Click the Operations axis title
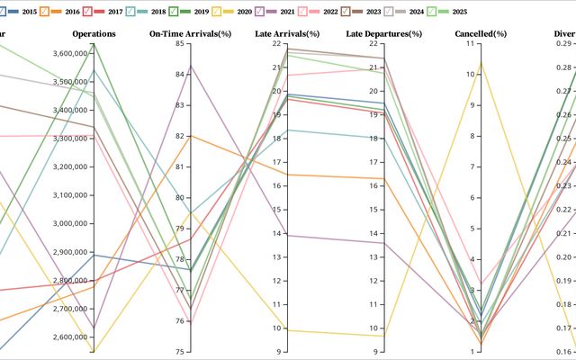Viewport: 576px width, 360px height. point(94,33)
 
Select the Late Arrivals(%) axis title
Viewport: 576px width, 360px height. point(288,33)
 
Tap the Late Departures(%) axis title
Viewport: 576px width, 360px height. point(384,33)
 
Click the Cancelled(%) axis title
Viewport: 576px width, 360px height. point(481,33)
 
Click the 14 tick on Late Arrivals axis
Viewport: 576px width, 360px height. point(274,234)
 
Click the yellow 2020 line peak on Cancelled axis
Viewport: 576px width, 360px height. point(481,62)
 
